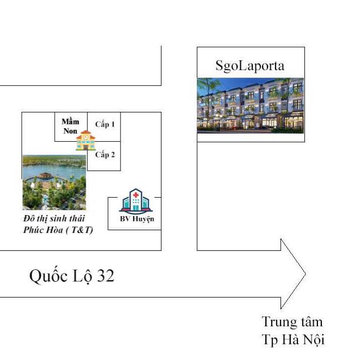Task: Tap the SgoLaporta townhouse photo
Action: pos(250,105)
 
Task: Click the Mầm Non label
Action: pos(71,125)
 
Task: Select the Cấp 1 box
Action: pos(105,124)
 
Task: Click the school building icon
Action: pos(85,141)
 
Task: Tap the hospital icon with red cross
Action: pos(135,200)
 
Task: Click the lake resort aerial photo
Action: pos(54,182)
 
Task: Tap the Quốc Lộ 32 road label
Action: pos(72,276)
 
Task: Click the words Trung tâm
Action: pos(292,321)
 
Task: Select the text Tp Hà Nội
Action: pos(293,340)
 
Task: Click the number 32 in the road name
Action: pos(105,276)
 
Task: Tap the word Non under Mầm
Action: pos(71,130)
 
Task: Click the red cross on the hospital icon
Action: pos(135,194)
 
